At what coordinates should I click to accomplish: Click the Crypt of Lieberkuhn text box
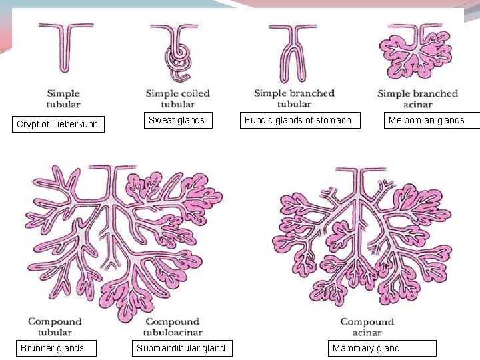click(58, 124)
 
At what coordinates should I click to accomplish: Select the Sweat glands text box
click(177, 120)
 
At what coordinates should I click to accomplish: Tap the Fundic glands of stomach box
click(298, 120)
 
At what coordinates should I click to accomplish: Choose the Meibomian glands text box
click(431, 120)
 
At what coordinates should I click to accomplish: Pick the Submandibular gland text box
click(181, 348)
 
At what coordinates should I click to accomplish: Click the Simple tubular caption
click(63, 99)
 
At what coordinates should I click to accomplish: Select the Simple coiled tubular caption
click(178, 99)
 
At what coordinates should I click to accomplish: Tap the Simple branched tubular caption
click(294, 99)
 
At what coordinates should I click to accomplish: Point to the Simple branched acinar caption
click(417, 99)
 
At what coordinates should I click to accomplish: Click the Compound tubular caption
click(55, 327)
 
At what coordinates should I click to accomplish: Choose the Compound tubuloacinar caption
click(173, 327)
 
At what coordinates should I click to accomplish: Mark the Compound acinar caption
click(367, 327)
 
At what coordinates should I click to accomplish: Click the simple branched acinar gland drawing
click(415, 50)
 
